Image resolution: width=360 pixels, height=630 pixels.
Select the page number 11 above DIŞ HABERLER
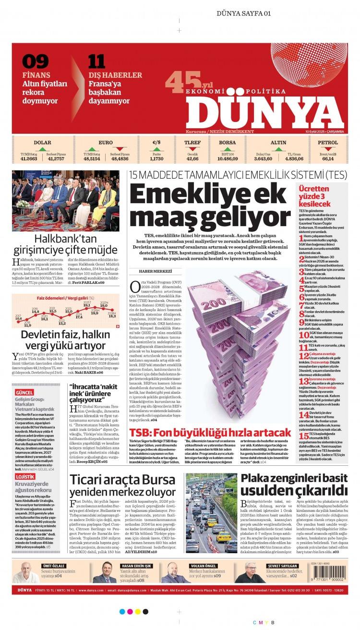coord(96,62)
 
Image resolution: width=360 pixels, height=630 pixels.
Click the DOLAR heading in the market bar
coord(42,143)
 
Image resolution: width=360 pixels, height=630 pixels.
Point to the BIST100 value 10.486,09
coord(227,158)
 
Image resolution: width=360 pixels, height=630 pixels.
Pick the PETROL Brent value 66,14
coord(328,158)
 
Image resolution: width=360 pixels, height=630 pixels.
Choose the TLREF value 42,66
coord(192,158)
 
